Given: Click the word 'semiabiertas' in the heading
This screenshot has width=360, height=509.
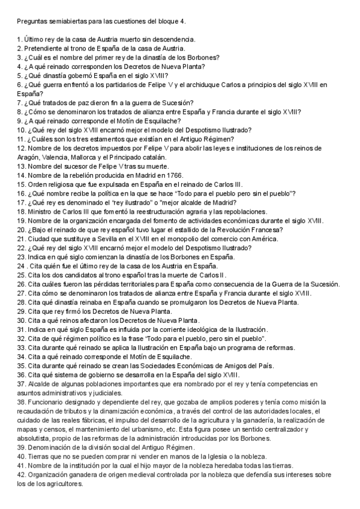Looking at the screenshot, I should (67, 22).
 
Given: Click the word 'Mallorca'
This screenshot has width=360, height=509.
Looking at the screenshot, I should (88, 157).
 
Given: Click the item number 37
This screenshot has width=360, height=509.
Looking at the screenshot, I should (21, 382).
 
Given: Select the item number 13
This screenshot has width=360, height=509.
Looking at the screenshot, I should (21, 166).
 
